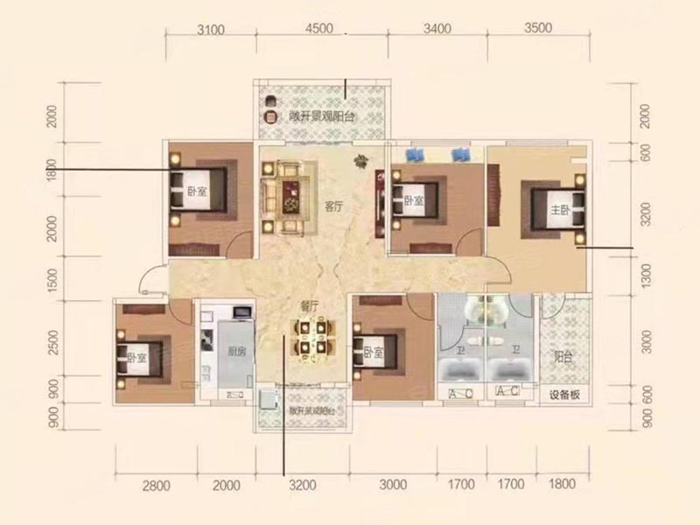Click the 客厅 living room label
(332, 207)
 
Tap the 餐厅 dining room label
(307, 305)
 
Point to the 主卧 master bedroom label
(557, 210)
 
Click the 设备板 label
(564, 395)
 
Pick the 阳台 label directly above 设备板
(564, 356)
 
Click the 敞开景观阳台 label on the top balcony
(322, 117)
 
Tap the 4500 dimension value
(320, 29)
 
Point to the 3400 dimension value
(435, 29)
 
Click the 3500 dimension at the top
(538, 29)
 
